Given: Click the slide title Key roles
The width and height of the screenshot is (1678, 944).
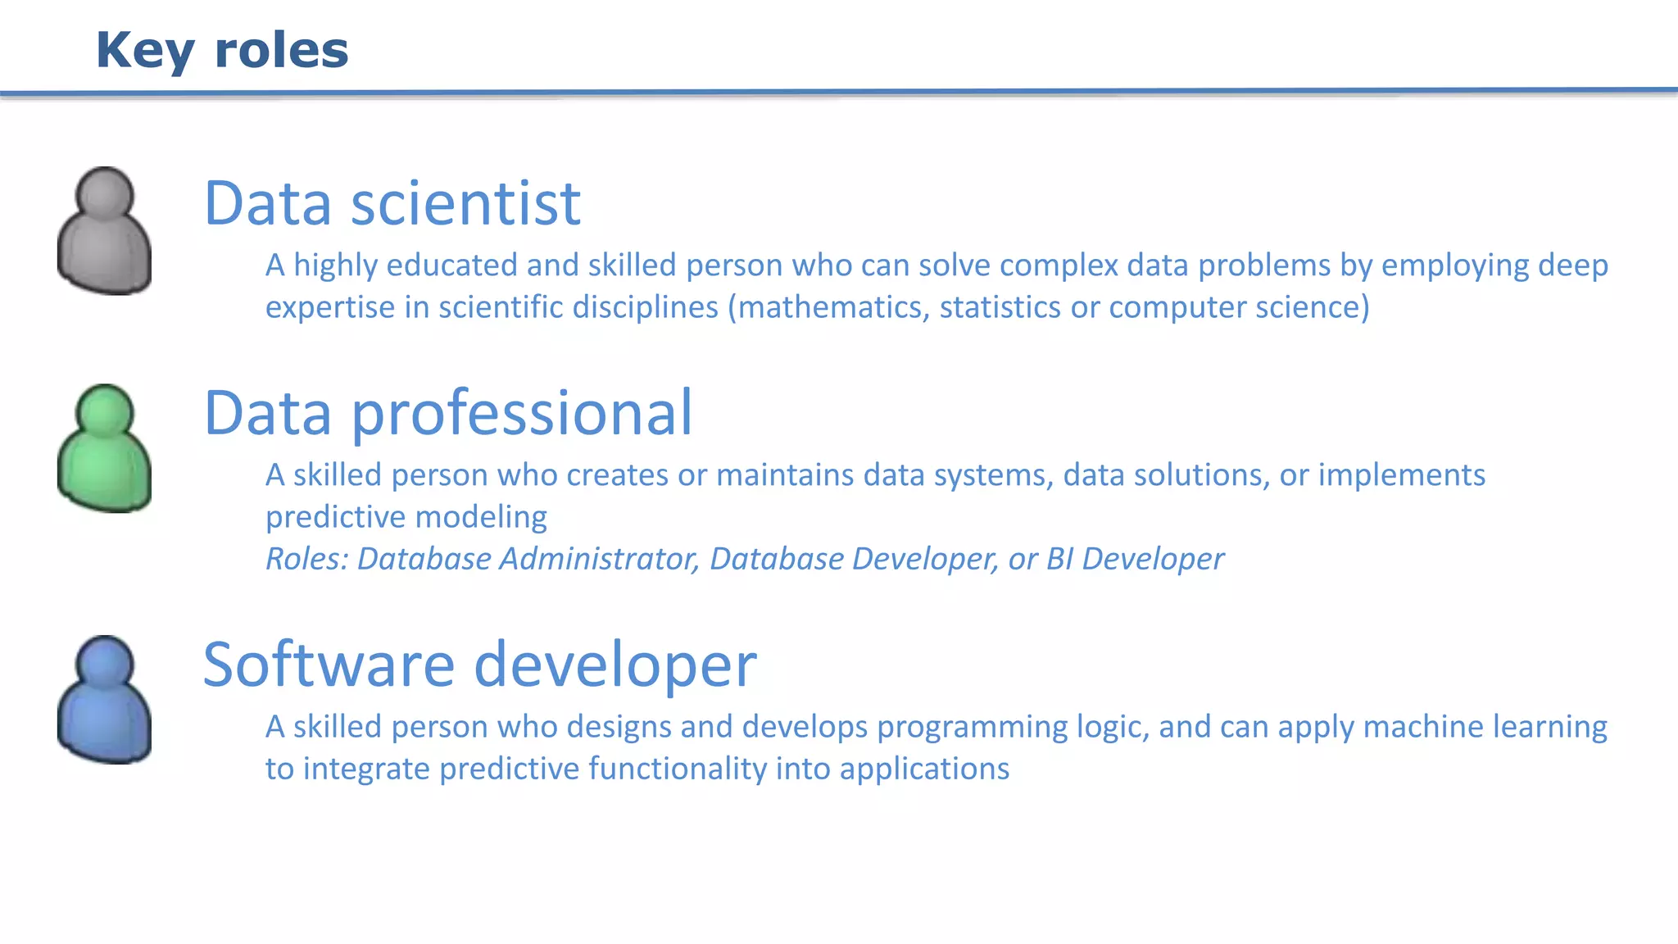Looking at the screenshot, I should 222,51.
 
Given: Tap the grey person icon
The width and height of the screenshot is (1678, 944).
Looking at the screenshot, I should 104,232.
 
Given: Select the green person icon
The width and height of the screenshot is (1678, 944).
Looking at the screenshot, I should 104,449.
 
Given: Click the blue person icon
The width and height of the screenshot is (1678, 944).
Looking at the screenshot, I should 104,700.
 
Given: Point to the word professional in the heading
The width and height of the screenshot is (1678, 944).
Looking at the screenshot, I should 522,414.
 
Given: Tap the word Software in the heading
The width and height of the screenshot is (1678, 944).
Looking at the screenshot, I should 328,665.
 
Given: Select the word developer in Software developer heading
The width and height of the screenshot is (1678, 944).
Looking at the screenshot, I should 615,665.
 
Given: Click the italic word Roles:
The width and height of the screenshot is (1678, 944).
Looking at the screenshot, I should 307,559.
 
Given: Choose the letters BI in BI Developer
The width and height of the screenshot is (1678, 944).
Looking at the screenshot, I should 1059,559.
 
